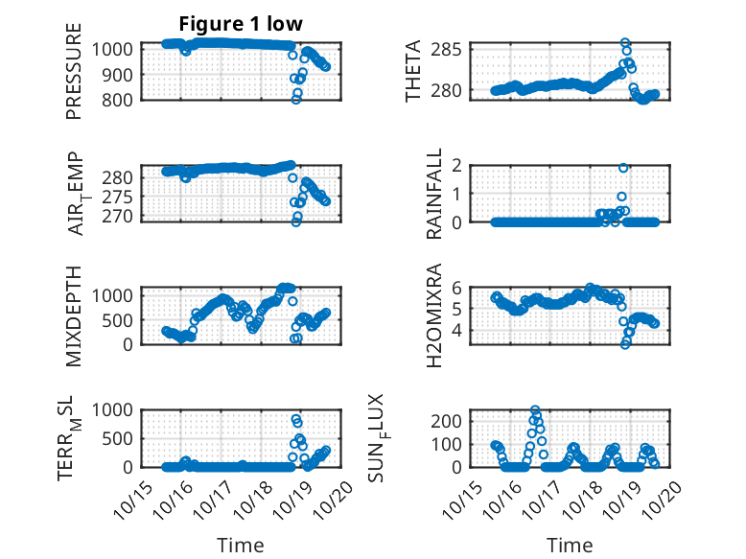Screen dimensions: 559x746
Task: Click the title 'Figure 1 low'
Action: pyautogui.click(x=242, y=24)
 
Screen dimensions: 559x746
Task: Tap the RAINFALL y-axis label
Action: pyautogui.click(x=433, y=193)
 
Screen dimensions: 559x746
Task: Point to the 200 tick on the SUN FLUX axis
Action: pyautogui.click(x=465, y=421)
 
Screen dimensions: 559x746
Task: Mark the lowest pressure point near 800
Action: pyautogui.click(x=296, y=99)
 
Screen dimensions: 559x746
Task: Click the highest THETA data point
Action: pyautogui.click(x=625, y=43)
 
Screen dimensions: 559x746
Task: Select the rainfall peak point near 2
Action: pyautogui.click(x=623, y=168)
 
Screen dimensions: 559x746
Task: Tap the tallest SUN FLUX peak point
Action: pyautogui.click(x=535, y=410)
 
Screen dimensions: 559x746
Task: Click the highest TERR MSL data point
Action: pyautogui.click(x=296, y=419)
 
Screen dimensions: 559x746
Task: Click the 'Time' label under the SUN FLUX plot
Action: pyautogui.click(x=570, y=545)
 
